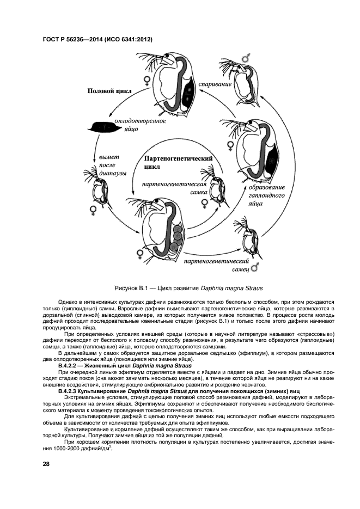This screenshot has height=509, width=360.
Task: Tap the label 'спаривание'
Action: click(x=215, y=84)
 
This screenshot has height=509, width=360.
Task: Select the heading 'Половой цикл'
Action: click(x=109, y=91)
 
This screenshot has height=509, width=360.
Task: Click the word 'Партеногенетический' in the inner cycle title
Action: click(x=178, y=158)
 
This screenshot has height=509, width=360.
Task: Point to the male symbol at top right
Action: click(x=246, y=58)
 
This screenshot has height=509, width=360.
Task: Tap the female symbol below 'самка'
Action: click(x=204, y=203)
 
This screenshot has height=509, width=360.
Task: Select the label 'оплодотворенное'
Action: click(x=140, y=120)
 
